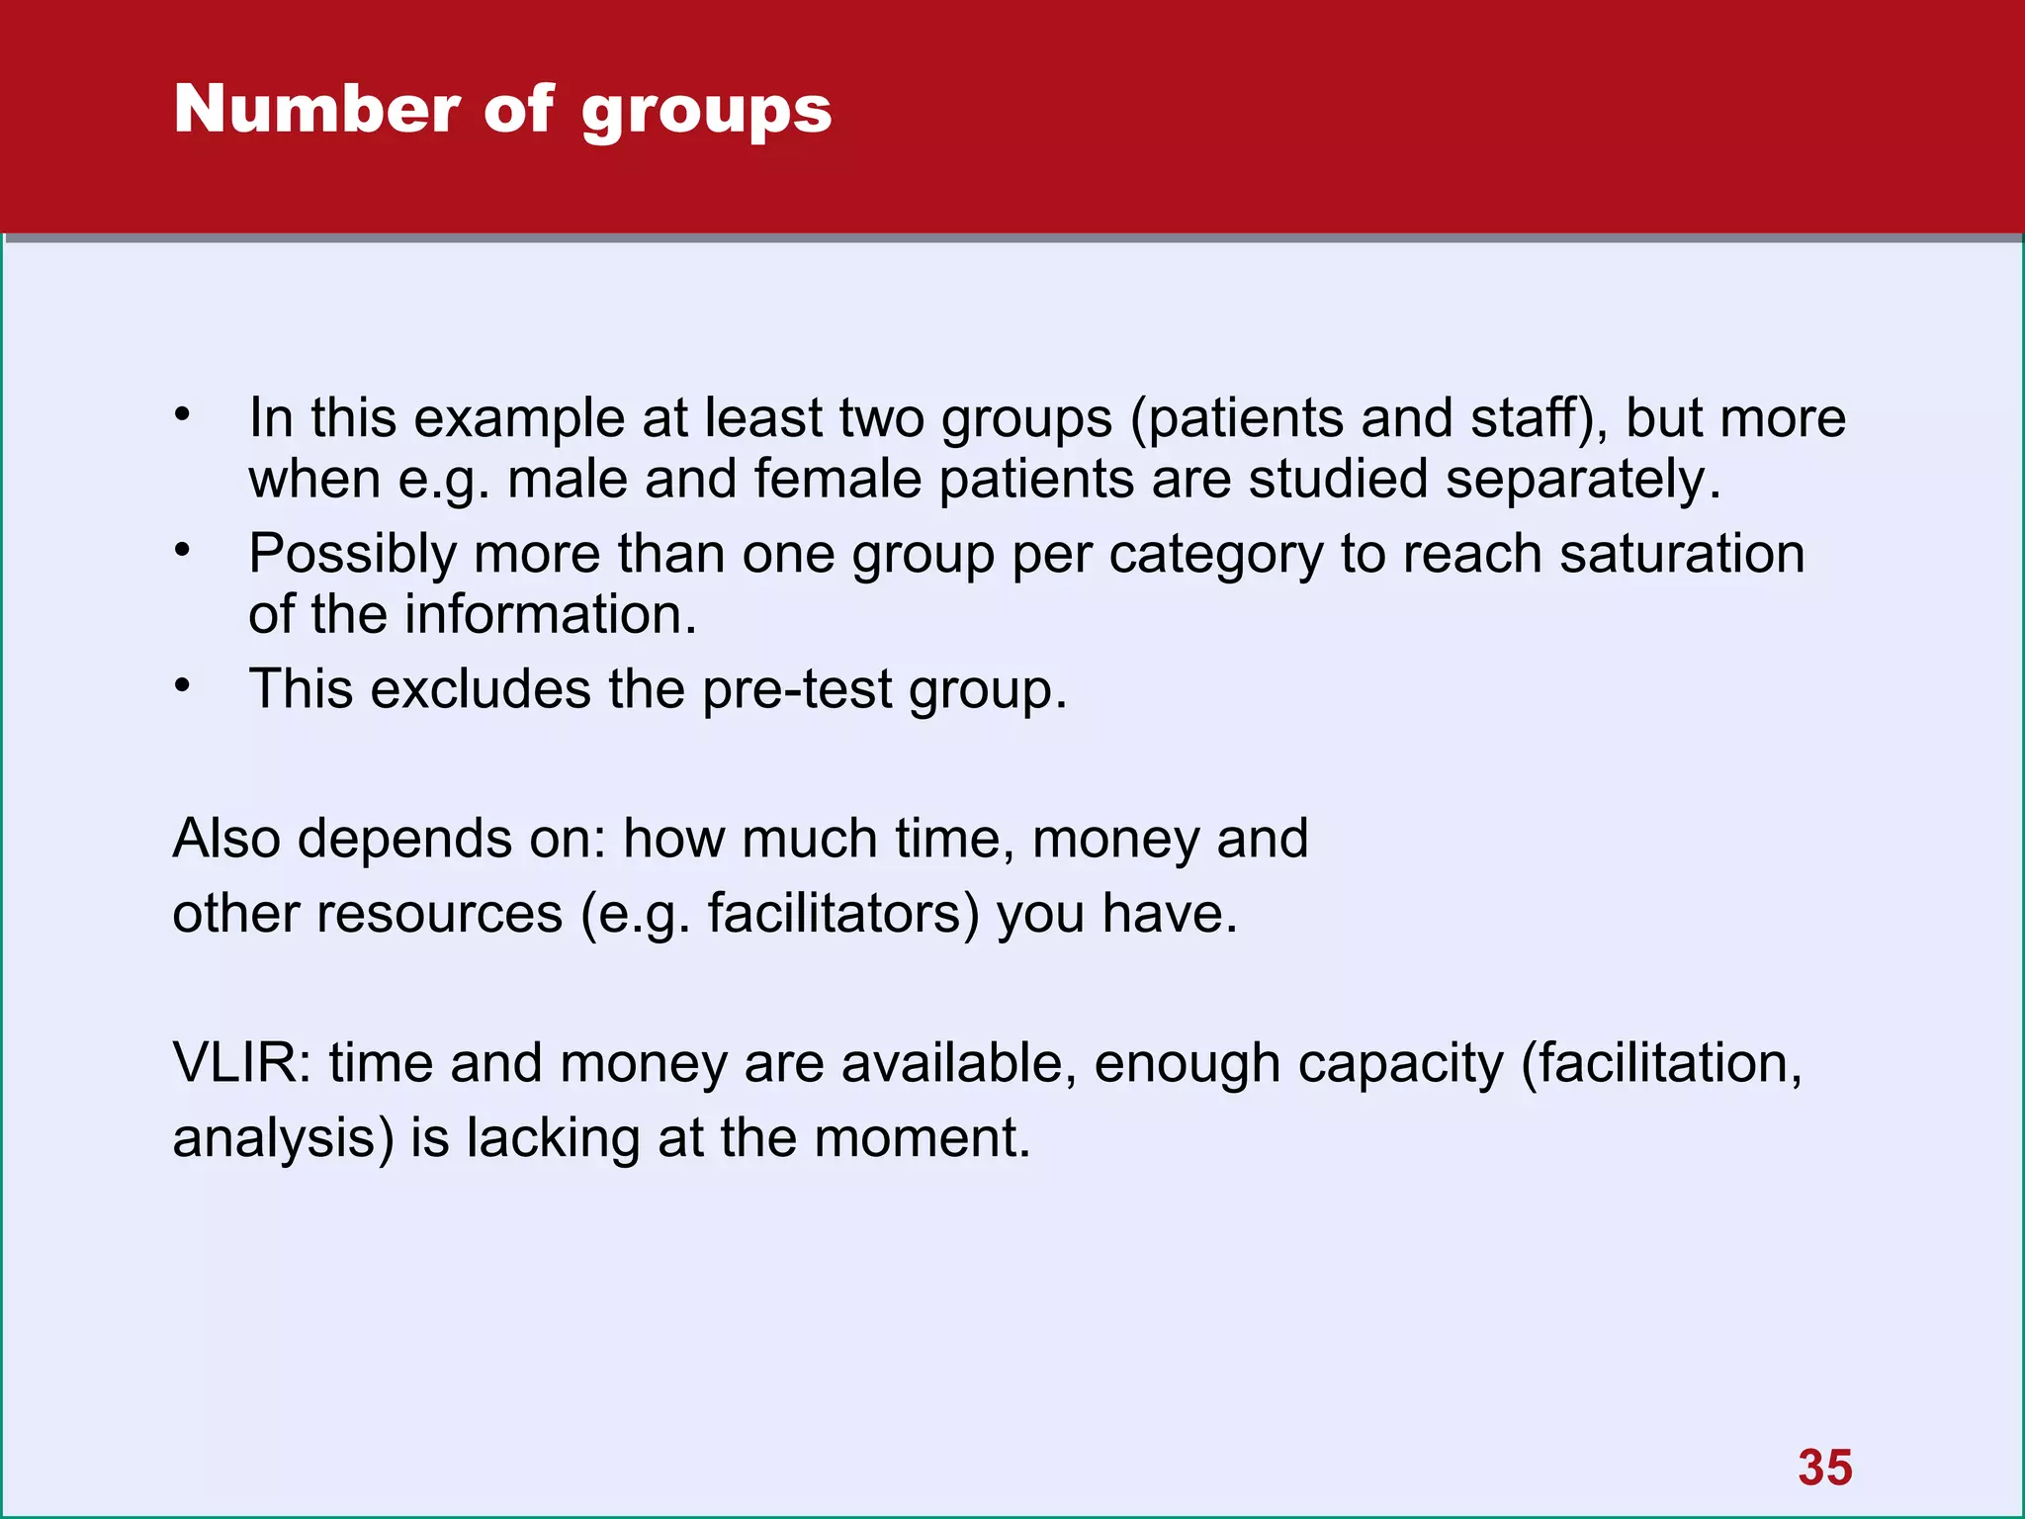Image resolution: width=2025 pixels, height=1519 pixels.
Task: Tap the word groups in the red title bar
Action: (706, 111)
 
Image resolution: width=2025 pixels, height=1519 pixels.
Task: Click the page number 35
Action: (1825, 1468)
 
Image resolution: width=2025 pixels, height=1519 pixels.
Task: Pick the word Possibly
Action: (352, 555)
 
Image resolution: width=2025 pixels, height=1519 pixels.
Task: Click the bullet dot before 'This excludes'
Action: (182, 684)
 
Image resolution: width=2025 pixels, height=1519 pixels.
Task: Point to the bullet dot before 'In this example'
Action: (182, 413)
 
